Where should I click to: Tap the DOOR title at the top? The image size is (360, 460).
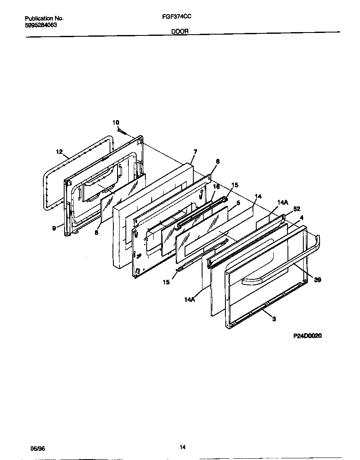[180, 31]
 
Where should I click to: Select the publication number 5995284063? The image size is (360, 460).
[41, 25]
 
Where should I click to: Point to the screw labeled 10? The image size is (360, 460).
[122, 132]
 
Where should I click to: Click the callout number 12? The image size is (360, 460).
[59, 152]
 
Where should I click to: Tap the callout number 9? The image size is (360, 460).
[55, 228]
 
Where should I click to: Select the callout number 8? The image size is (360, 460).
[96, 233]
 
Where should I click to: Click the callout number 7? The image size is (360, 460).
[195, 151]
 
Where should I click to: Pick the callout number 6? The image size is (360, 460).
[217, 161]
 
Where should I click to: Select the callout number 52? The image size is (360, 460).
[297, 209]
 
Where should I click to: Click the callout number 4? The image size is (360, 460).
[301, 217]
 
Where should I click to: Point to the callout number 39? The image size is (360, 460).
[317, 280]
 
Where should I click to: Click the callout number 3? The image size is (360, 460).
[274, 319]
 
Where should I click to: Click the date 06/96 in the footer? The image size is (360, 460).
[37, 448]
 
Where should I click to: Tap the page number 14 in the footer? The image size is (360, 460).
[182, 447]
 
